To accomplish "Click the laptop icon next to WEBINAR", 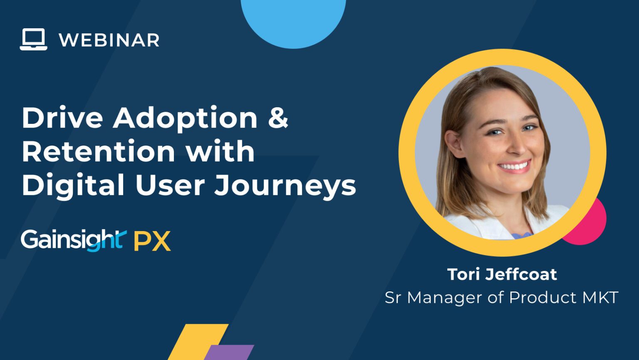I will [33, 40].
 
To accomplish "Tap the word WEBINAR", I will [109, 40].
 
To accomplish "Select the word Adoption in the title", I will [185, 118].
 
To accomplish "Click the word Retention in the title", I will [98, 151].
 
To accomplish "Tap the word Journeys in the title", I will [285, 186].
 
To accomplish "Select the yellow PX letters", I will [152, 241].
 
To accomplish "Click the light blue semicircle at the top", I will [293, 21].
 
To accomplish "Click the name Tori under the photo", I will [463, 274].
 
